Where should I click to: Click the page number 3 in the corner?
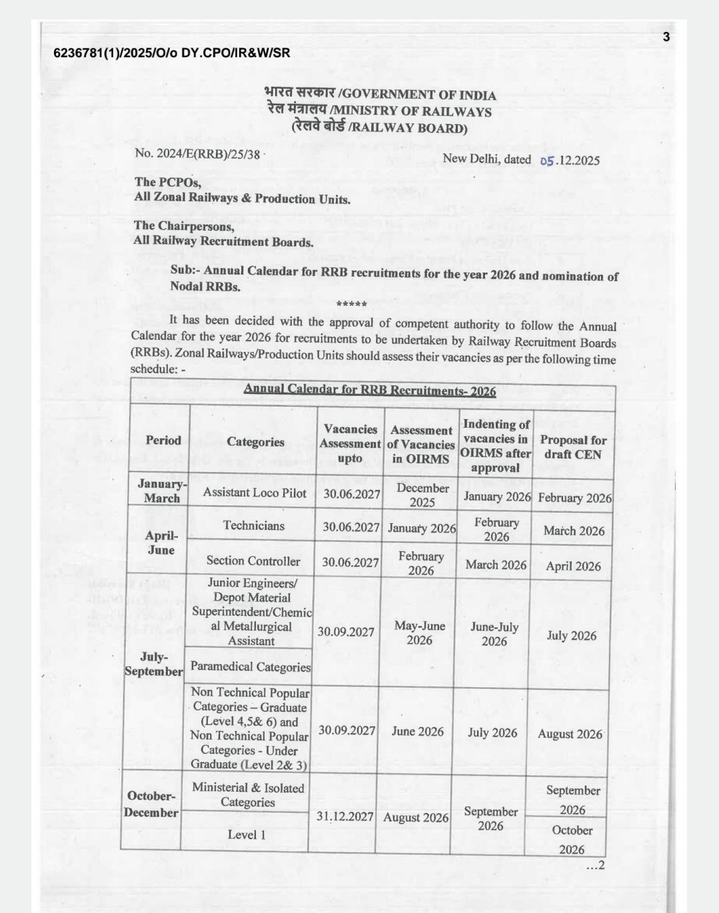coord(666,37)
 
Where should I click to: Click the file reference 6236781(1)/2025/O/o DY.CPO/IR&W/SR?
coord(172,53)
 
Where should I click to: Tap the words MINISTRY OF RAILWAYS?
coord(411,111)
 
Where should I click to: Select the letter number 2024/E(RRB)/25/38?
coord(197,154)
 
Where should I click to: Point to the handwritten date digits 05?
coord(547,161)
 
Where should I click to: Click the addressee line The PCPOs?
coord(167,182)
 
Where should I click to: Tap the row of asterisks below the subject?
coord(352,305)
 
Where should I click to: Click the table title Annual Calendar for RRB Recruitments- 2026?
coord(370,390)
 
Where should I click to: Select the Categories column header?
coord(255,442)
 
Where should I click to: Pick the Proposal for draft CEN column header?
coord(573,448)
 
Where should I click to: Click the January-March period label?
coord(162,491)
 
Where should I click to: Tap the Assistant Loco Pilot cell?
coord(255,492)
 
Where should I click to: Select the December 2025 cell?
coord(422,495)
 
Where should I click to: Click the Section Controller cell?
coord(253,560)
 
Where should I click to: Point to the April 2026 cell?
coord(573,566)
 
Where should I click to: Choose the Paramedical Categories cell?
coord(251,666)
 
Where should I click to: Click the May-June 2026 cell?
coord(420,633)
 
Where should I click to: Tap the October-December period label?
coord(151,804)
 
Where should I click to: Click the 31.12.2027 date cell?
coord(345,817)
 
